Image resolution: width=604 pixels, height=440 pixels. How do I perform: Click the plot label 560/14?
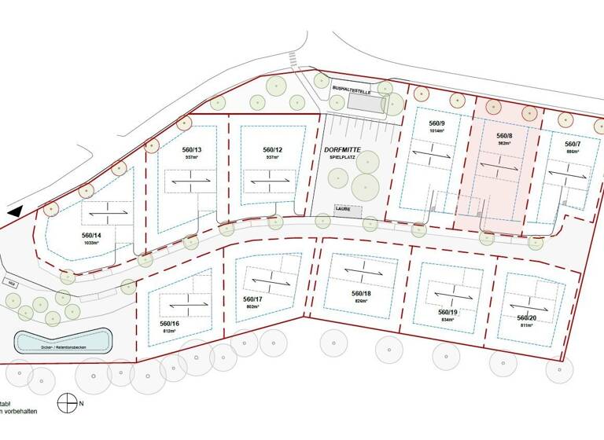point(92,235)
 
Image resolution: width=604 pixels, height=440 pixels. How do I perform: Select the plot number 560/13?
point(192,150)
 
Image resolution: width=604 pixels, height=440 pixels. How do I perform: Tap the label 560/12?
point(272,150)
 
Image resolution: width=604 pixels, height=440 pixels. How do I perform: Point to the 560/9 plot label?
point(436,124)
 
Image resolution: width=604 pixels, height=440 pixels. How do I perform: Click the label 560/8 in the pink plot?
point(504,136)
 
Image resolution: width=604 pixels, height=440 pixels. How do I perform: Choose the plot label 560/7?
point(573,145)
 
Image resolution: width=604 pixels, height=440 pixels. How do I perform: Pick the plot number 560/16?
point(170,324)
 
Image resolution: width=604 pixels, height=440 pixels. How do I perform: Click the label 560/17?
point(252,299)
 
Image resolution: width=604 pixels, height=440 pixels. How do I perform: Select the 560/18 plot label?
point(361,293)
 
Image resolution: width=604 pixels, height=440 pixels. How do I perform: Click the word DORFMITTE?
point(342,149)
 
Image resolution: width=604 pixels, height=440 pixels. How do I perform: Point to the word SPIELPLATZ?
point(342,159)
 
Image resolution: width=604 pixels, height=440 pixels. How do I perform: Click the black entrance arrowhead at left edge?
point(13,211)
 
